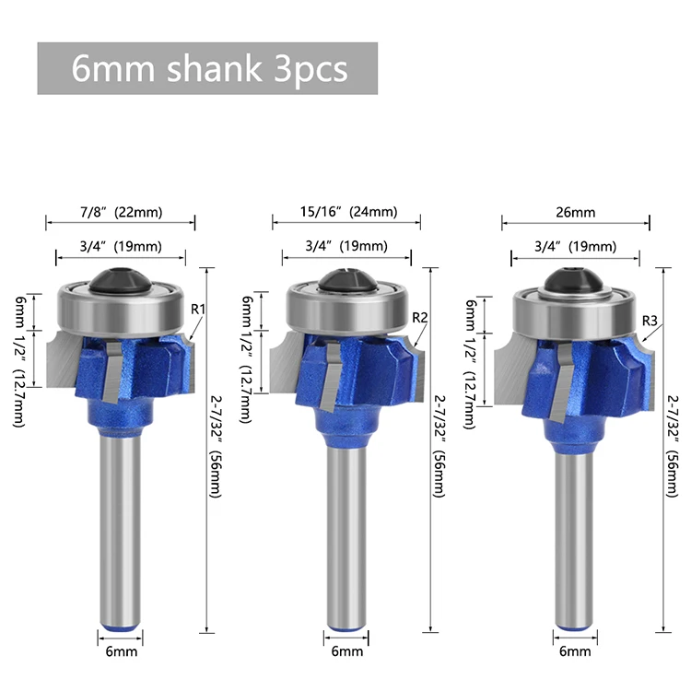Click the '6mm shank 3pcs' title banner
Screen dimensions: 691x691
click(x=207, y=68)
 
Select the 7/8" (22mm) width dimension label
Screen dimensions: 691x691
click(x=120, y=212)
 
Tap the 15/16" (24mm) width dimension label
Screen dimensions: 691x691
click(x=347, y=212)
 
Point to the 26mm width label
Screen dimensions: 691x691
click(x=575, y=212)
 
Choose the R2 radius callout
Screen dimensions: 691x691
click(x=420, y=318)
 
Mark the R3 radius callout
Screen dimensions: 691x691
click(x=650, y=321)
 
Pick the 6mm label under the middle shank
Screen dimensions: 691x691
click(x=347, y=652)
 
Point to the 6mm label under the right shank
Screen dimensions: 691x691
click(x=575, y=652)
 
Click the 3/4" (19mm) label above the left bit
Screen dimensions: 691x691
click(x=120, y=246)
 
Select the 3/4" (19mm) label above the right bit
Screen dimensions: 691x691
click(x=575, y=246)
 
